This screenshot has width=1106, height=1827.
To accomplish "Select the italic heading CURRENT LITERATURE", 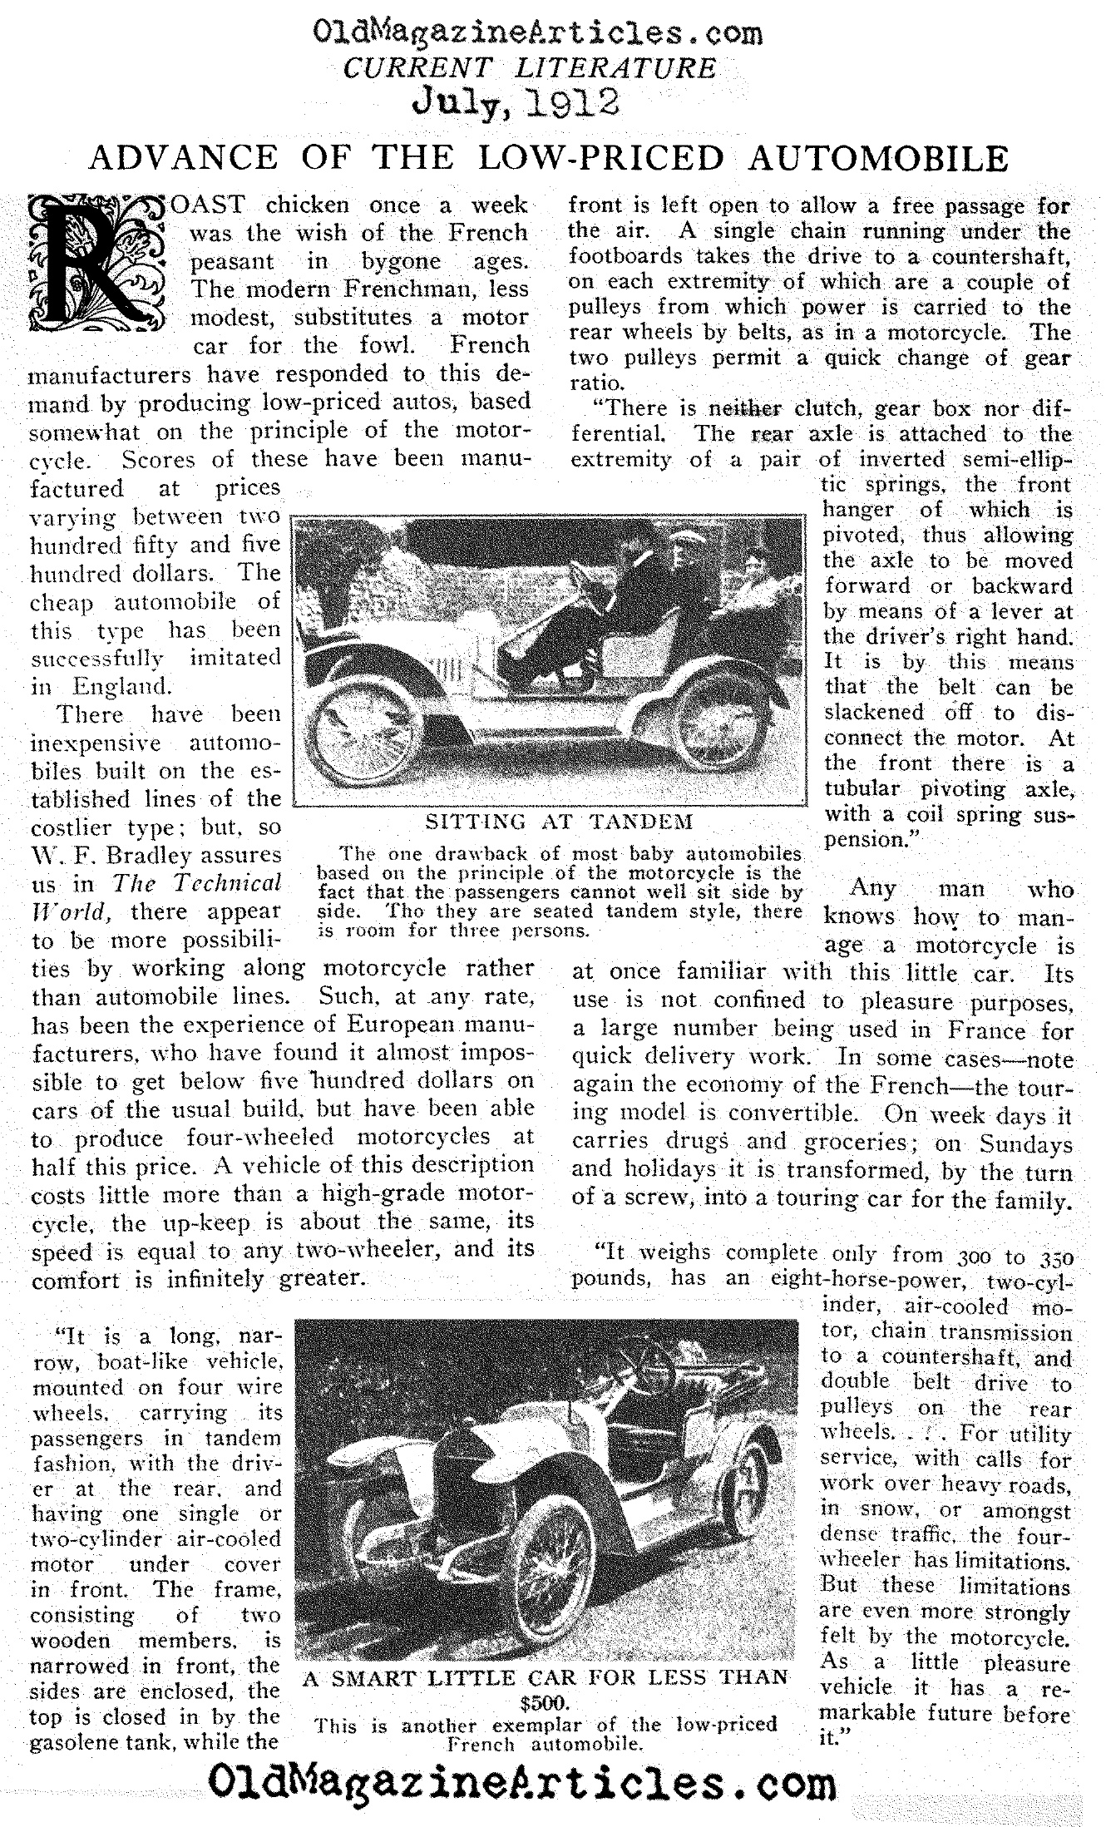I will click(530, 67).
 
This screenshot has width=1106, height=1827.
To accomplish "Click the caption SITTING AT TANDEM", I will click(559, 823).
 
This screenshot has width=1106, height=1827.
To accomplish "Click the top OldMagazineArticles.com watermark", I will click(537, 33).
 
